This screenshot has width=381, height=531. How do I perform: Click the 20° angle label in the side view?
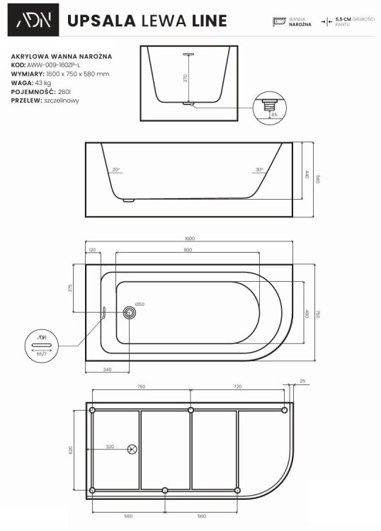(116, 170)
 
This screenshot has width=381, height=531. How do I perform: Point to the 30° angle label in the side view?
(259, 170)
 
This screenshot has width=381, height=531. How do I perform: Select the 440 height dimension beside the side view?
(307, 174)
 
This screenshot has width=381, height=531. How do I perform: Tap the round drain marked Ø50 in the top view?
(130, 312)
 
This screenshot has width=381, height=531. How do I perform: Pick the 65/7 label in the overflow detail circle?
(40, 353)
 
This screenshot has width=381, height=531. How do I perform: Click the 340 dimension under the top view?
(108, 369)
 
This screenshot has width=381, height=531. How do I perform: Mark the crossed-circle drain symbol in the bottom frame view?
(132, 448)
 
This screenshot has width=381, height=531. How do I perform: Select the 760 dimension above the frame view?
(140, 387)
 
